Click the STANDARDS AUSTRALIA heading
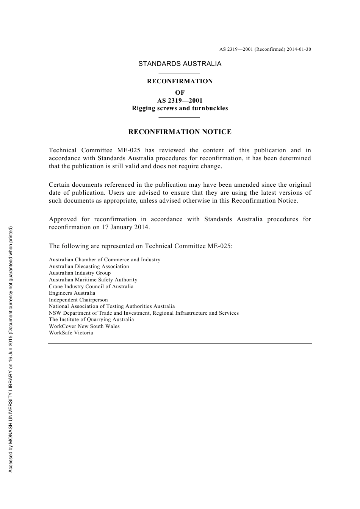(180, 64)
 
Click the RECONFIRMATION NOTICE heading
(180, 132)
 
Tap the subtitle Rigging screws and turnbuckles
(180, 108)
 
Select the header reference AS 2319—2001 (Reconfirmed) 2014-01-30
(265, 49)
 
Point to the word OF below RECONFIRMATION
(180, 92)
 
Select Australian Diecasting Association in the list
(89, 267)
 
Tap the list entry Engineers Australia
(72, 293)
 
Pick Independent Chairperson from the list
(78, 300)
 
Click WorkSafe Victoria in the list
(71, 333)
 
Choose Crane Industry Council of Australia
(91, 287)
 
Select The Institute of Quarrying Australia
(91, 320)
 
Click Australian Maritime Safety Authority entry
(93, 280)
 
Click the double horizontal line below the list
(180, 343)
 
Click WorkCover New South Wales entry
(84, 326)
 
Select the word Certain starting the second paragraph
(59, 185)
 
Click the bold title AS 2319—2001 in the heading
(180, 101)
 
